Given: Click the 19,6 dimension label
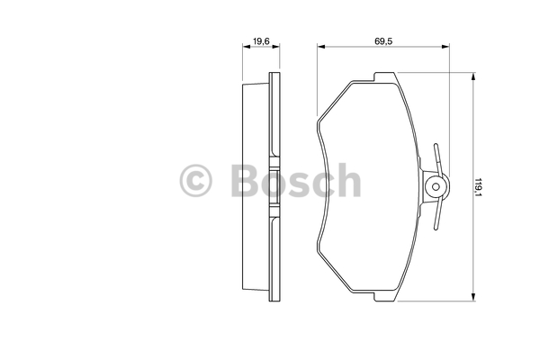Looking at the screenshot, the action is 261,41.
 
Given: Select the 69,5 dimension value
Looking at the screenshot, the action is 383,41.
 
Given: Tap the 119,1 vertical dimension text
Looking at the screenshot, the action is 479,187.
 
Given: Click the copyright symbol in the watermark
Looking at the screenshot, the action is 195,181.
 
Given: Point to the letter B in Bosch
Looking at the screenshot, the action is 245,181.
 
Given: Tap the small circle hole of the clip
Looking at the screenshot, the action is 436,186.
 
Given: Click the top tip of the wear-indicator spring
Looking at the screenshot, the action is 436,144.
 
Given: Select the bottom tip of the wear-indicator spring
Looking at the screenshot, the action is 436,229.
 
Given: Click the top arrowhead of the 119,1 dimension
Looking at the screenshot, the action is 473,76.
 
